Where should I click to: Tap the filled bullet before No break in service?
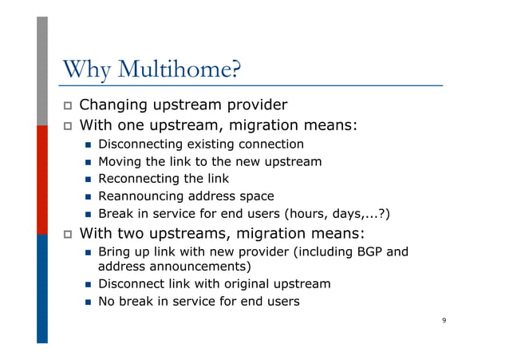pos(88,302)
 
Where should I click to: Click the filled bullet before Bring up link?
pos(88,253)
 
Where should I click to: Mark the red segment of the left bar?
pos(42,180)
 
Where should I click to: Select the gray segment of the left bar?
pos(42,72)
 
